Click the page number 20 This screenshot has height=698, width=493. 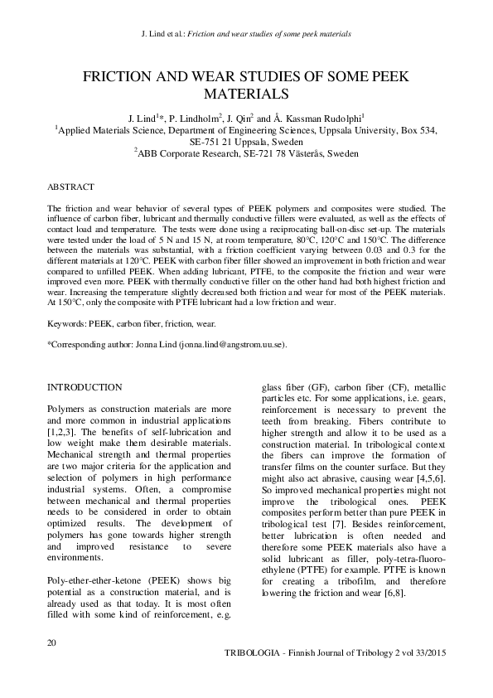pyautogui.click(x=52, y=642)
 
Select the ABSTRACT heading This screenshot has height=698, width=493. pyautogui.click(x=70, y=187)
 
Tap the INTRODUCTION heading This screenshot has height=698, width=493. pyautogui.click(x=85, y=387)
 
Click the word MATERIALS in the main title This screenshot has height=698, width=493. pyautogui.click(x=246, y=94)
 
